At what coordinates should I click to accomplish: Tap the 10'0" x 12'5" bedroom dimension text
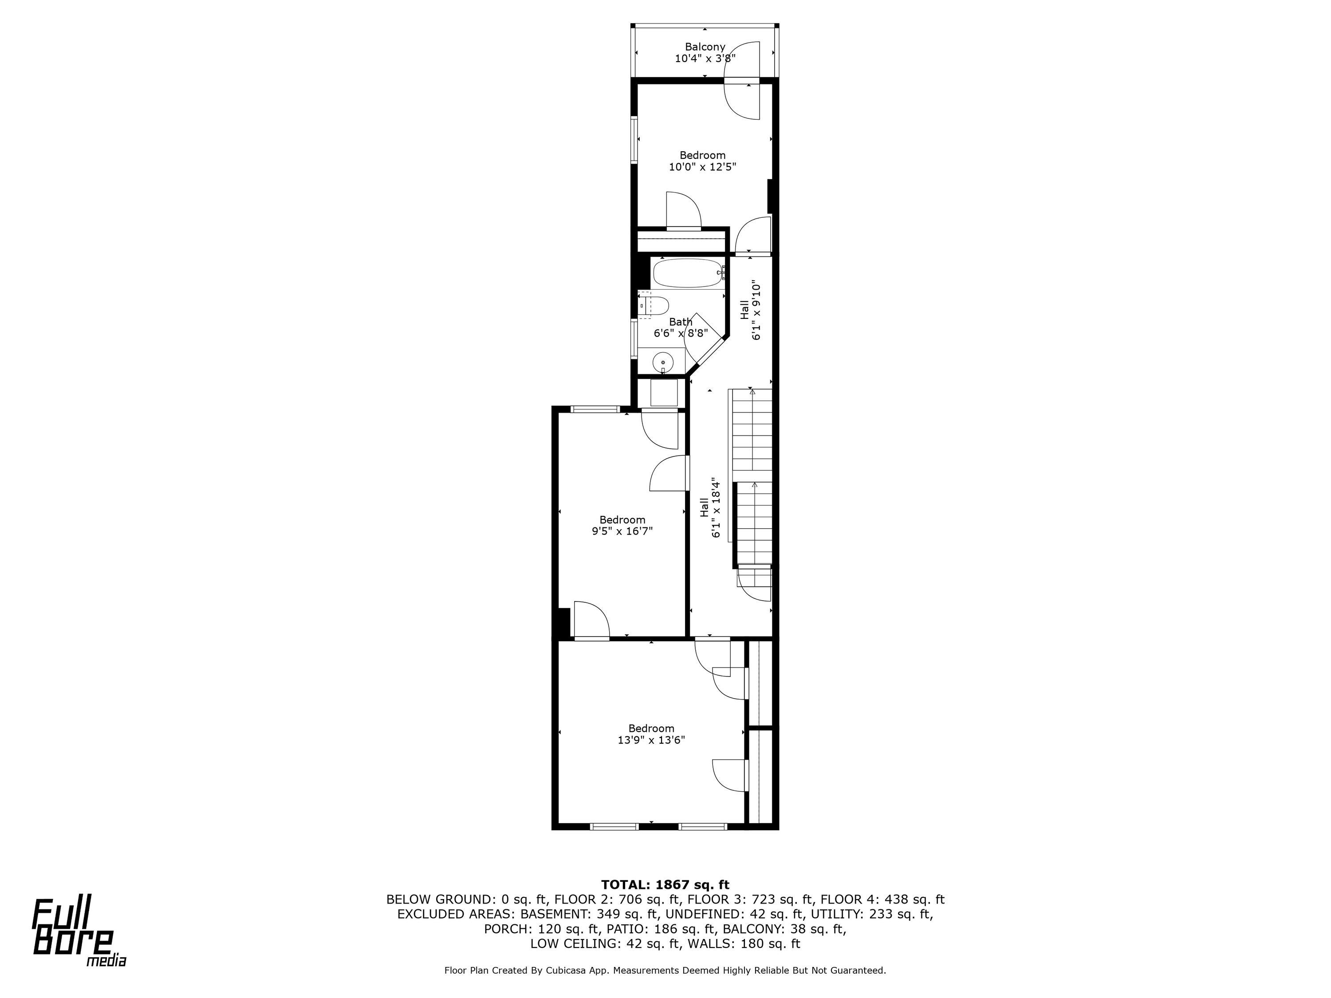click(703, 167)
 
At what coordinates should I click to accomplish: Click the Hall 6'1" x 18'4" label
click(710, 508)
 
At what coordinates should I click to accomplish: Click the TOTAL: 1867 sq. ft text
click(665, 885)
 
